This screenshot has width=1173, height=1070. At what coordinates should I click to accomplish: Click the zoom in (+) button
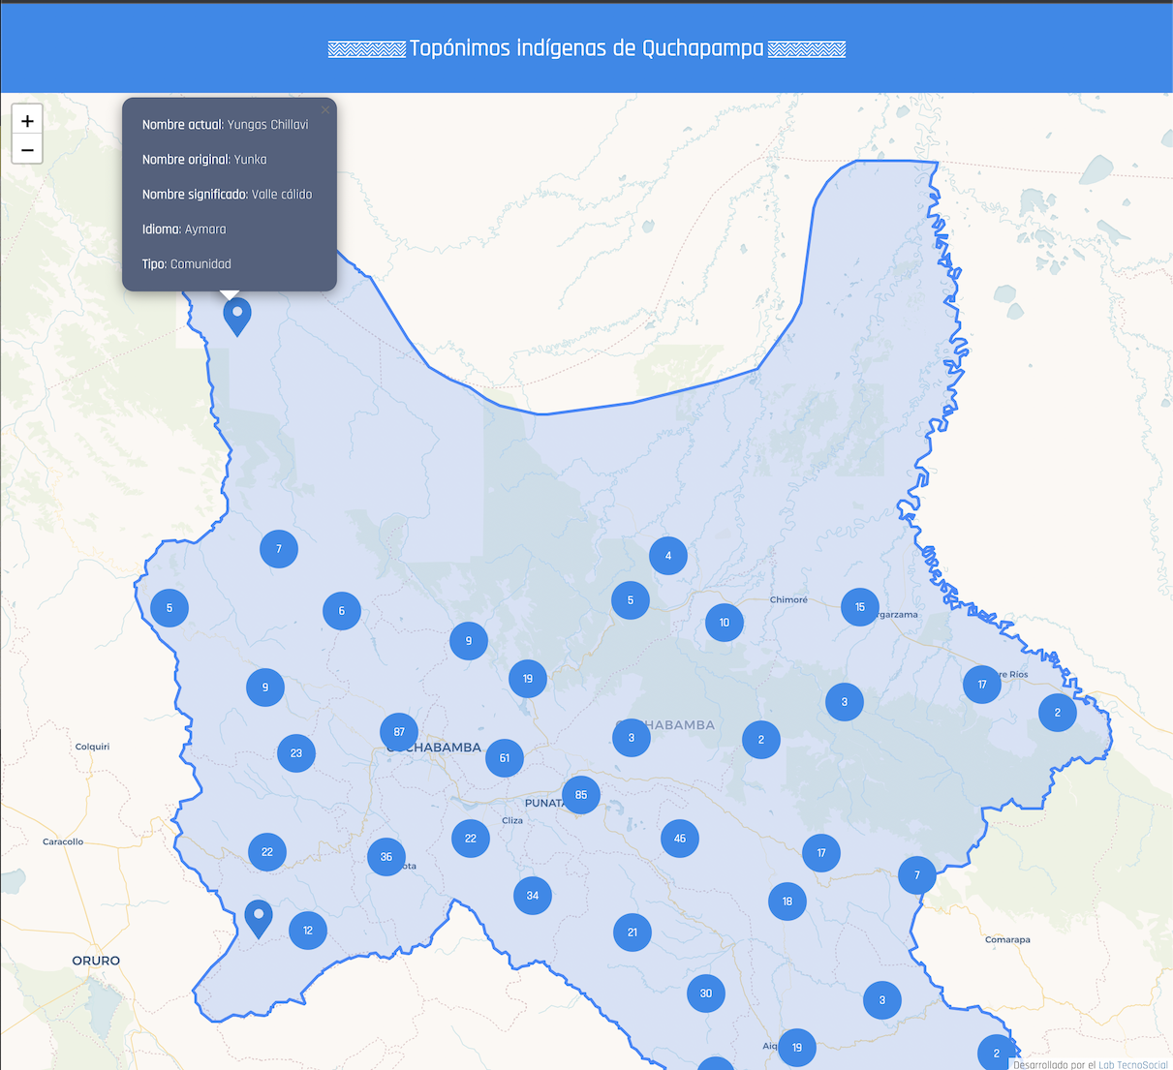click(27, 121)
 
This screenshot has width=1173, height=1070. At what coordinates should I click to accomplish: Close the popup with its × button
click(325, 110)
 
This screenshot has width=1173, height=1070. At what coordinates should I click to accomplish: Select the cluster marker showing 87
click(399, 732)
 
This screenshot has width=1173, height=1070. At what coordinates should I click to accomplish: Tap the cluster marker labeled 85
click(581, 795)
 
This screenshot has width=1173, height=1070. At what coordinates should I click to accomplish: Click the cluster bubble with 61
click(505, 758)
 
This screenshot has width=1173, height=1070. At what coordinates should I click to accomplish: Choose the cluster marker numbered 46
click(680, 839)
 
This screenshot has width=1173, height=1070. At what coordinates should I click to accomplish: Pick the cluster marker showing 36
click(386, 857)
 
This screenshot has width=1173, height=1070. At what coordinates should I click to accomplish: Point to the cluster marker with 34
click(533, 896)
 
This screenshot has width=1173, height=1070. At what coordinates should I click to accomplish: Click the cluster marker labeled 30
click(706, 994)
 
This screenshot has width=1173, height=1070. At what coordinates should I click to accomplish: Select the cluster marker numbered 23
click(296, 753)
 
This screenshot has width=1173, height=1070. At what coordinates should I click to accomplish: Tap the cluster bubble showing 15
click(860, 607)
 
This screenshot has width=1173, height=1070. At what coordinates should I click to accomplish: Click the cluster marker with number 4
click(668, 556)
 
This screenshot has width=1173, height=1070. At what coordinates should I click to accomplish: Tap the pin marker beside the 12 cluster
click(259, 917)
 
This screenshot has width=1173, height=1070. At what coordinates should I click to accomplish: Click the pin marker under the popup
click(237, 316)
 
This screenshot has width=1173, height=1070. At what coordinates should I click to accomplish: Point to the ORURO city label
click(96, 961)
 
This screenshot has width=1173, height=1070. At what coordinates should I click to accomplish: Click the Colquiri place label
click(93, 747)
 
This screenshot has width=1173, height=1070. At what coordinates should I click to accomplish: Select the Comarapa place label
click(1007, 939)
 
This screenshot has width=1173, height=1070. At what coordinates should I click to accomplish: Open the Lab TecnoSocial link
click(1132, 1064)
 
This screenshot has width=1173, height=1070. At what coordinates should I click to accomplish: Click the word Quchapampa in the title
click(702, 48)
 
